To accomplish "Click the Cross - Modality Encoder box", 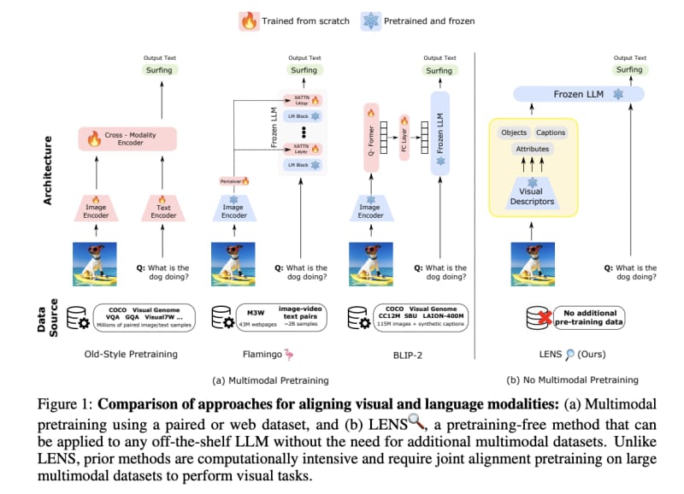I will click(127, 138).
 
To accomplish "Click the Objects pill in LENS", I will click(515, 133).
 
